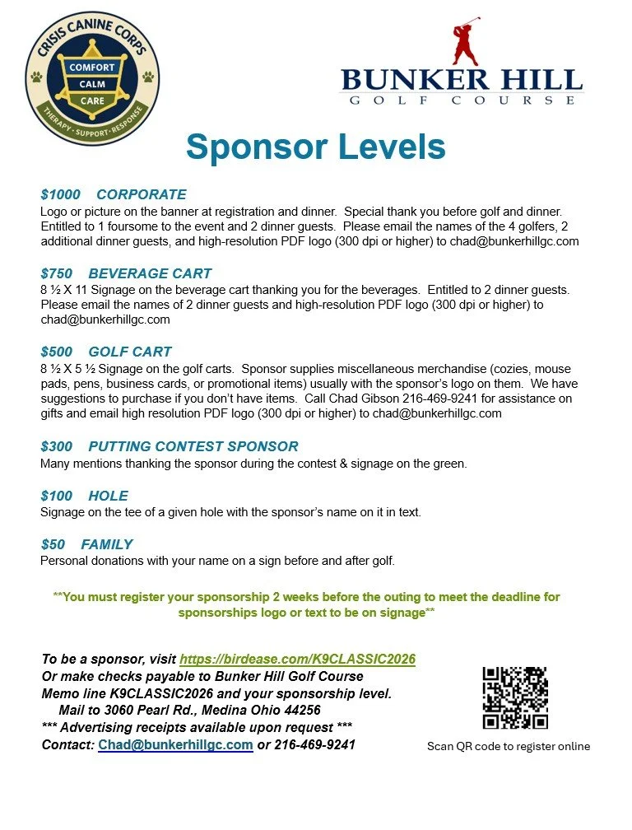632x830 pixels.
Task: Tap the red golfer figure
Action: click(466, 45)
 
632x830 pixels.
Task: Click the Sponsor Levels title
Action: click(315, 147)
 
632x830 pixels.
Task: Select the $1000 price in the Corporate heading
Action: click(61, 195)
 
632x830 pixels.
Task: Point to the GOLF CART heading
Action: click(130, 352)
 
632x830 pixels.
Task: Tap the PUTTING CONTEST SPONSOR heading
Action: click(193, 446)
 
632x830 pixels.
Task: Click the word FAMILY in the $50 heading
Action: click(107, 544)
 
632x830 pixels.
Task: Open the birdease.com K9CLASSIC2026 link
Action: click(297, 659)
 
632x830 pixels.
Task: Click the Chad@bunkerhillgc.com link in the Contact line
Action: click(175, 744)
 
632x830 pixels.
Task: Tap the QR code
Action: click(514, 697)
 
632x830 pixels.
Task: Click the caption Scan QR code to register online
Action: click(508, 746)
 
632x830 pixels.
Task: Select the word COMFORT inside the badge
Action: click(92, 67)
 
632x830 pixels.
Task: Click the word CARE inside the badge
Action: click(92, 100)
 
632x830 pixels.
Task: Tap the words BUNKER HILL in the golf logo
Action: click(462, 81)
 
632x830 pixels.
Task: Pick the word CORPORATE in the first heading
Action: click(142, 195)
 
